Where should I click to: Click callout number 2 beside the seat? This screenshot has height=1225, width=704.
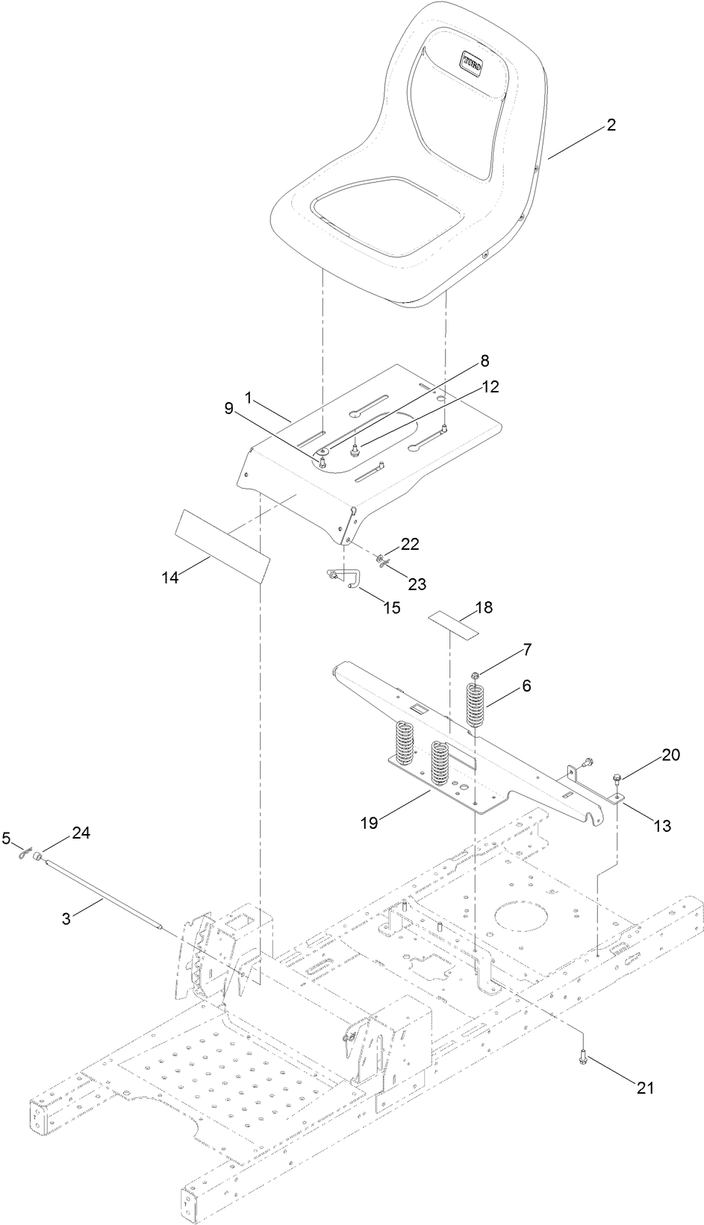[611, 125]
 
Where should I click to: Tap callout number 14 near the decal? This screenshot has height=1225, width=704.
[170, 577]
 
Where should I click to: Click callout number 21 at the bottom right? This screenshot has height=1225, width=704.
[644, 1088]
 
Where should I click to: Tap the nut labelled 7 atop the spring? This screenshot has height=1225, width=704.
[475, 675]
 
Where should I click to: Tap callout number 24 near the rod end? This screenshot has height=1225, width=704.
[81, 834]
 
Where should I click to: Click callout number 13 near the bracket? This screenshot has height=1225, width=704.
[661, 825]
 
